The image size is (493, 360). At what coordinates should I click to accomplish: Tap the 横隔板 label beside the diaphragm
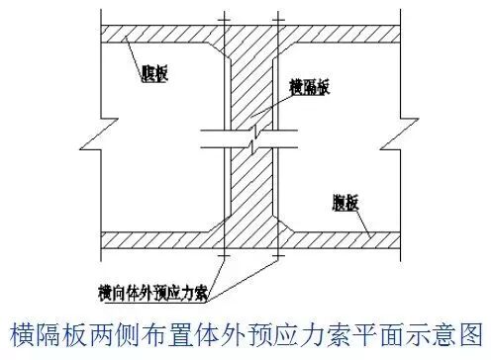coord(309,87)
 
